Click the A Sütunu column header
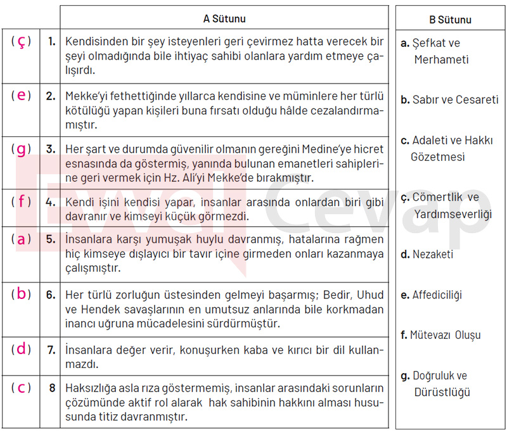[x=224, y=19]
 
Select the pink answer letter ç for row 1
[x=22, y=42]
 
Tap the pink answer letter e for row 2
[x=22, y=96]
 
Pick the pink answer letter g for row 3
[x=22, y=149]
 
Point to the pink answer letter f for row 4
[x=22, y=203]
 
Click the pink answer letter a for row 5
[x=22, y=239]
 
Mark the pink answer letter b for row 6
[x=22, y=295]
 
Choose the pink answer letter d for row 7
[x=22, y=349]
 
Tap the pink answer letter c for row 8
[x=22, y=388]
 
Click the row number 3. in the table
[x=51, y=150]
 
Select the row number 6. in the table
[x=51, y=295]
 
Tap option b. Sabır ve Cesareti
[x=449, y=99]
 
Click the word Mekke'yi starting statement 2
[x=86, y=97]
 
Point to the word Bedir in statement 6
[x=339, y=296]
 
